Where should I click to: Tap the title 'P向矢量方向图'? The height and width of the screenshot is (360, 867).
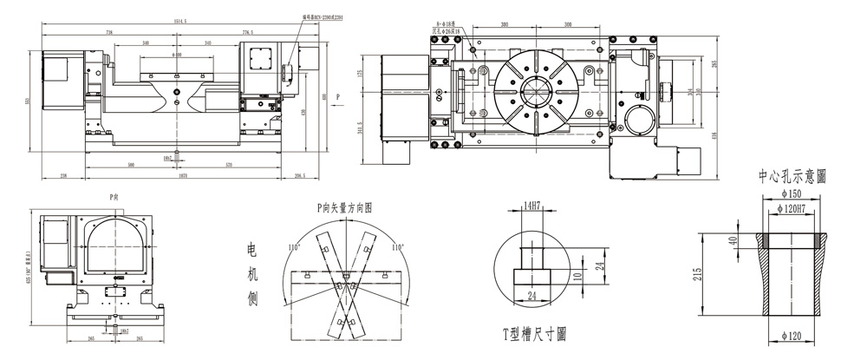343,208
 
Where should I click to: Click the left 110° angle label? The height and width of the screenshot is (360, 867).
296,247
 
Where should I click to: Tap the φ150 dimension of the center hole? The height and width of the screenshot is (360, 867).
792,196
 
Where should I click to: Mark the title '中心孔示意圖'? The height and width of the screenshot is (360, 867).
792,176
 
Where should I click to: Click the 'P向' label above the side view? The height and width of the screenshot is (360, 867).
114,198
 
